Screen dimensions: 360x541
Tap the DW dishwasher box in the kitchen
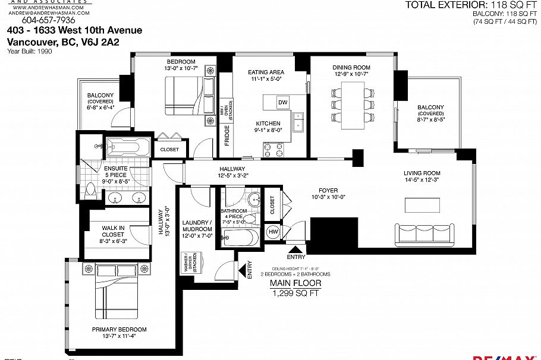pyautogui.click(x=284, y=102)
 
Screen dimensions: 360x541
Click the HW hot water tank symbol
pyautogui.click(x=273, y=231)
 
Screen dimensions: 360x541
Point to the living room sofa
pyautogui.click(x=424, y=235)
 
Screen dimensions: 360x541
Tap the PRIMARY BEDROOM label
pyautogui.click(x=119, y=329)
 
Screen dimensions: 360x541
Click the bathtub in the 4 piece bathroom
pyautogui.click(x=240, y=238)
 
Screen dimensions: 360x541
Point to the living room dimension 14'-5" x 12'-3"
pyautogui.click(x=422, y=180)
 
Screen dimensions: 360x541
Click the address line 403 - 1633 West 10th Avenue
pyautogui.click(x=74, y=30)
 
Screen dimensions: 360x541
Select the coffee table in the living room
pyautogui.click(x=424, y=204)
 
